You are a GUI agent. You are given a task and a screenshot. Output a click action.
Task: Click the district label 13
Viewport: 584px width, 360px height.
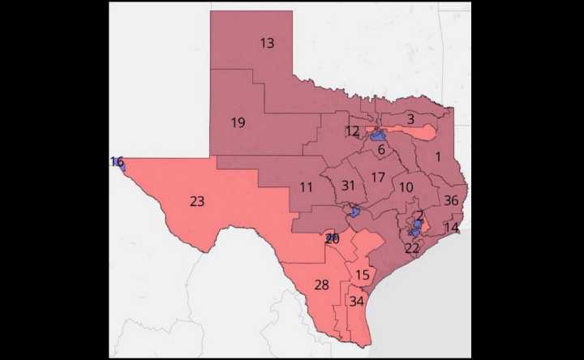(267, 43)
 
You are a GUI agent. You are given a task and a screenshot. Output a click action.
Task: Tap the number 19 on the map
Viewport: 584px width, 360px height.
(238, 123)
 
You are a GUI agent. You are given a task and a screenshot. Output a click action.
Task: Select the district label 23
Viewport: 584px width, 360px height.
(197, 201)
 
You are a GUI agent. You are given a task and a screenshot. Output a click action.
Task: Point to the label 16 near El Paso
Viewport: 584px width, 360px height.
(117, 162)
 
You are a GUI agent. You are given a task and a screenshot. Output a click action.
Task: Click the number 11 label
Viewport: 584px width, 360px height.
(306, 187)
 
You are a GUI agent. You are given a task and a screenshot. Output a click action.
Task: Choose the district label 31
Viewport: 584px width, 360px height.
(348, 186)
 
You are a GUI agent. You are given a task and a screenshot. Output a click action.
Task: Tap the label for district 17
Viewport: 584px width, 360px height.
(378, 178)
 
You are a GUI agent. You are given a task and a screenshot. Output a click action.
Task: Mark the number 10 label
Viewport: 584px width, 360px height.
(406, 187)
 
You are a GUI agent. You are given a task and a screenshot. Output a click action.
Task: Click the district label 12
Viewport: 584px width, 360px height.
(352, 131)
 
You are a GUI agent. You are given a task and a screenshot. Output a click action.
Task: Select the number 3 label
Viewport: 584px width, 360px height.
(410, 119)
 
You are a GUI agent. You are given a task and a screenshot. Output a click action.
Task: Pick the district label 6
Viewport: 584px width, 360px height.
(381, 149)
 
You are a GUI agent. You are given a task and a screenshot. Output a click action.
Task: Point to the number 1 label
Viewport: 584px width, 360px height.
(438, 158)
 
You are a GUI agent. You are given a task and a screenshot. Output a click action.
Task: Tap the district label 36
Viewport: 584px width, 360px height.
(452, 200)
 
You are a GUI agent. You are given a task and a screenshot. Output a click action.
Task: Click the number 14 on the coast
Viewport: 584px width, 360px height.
(451, 228)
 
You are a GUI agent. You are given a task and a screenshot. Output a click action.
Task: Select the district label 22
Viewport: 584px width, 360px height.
(412, 248)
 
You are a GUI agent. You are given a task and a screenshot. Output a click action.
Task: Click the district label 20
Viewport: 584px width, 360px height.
(332, 239)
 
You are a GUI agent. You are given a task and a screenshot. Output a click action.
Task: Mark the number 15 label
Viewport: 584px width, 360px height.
(363, 276)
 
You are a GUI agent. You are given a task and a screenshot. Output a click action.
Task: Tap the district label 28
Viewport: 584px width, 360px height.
(321, 285)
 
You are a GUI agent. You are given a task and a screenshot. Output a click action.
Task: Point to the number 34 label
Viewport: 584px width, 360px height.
(357, 301)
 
